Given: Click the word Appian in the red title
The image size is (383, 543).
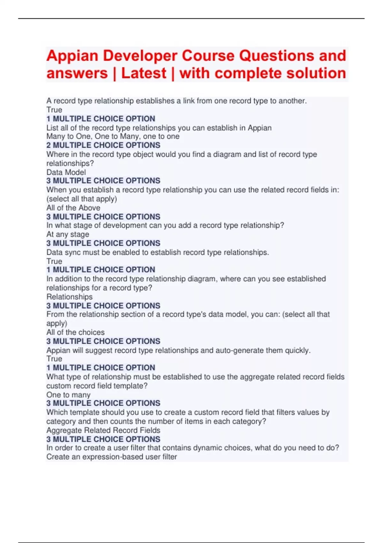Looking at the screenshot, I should pyautogui.click(x=72, y=56).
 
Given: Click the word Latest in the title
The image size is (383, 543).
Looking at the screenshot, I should pyautogui.click(x=144, y=73).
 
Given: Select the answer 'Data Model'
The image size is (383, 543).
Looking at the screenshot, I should pyautogui.click(x=66, y=172).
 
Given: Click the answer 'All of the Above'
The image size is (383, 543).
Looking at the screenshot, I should pyautogui.click(x=73, y=208).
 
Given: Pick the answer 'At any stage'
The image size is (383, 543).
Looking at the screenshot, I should pyautogui.click(x=68, y=234).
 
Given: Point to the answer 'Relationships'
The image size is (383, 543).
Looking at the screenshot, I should pyautogui.click(x=70, y=297).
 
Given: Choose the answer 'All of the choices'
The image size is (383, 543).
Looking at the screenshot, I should pyautogui.click(x=75, y=332).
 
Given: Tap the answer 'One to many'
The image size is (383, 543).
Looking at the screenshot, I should pyautogui.click(x=68, y=395).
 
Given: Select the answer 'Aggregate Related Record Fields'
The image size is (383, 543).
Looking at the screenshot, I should pyautogui.click(x=103, y=430).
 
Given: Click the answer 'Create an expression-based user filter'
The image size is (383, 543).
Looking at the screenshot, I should pyautogui.click(x=112, y=457).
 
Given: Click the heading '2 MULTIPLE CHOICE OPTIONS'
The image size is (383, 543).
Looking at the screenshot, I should pyautogui.click(x=103, y=145).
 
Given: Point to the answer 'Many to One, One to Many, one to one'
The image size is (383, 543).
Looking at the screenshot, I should pyautogui.click(x=113, y=136).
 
